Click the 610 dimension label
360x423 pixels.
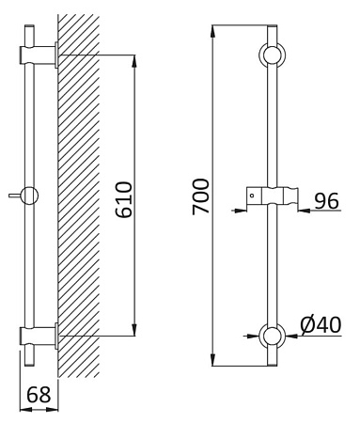tap(123, 199)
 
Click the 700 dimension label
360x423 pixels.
tap(200, 196)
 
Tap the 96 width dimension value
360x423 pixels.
tap(326, 201)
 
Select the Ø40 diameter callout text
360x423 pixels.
tap(321, 324)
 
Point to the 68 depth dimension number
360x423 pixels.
tap(39, 395)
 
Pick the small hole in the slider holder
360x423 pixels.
tap(252, 196)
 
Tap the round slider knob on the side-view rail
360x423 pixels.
tap(29, 196)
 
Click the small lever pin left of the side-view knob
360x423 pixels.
tap(14, 196)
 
